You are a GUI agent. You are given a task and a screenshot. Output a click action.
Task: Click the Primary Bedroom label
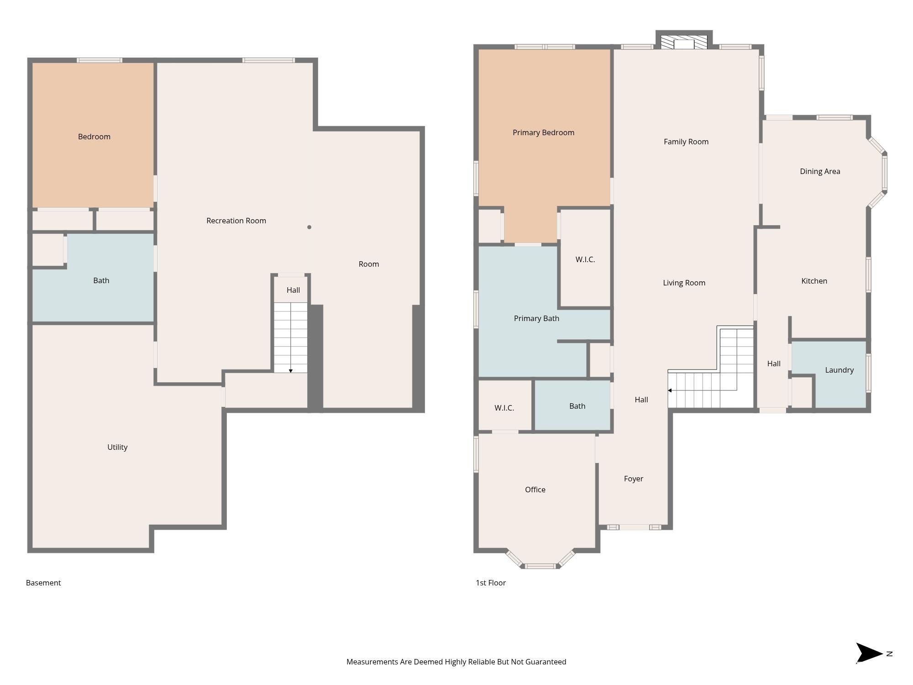(x=543, y=133)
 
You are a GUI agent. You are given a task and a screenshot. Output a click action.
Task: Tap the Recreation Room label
(x=236, y=221)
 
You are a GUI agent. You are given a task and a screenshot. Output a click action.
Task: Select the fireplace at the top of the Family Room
(x=684, y=42)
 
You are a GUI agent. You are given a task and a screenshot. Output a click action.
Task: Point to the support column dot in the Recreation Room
(x=309, y=227)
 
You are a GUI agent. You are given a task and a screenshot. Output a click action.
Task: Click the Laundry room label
(x=839, y=370)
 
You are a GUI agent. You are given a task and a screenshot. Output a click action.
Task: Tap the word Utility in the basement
(x=117, y=448)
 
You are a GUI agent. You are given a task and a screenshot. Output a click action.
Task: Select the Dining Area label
(x=820, y=172)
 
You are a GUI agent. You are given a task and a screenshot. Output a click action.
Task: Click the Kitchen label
(x=814, y=281)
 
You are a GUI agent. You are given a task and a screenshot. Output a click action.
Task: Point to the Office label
(x=535, y=490)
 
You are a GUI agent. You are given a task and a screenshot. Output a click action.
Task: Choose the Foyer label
(x=633, y=479)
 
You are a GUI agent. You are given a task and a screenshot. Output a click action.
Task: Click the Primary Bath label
(x=536, y=318)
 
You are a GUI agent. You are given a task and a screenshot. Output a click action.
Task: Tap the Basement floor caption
(x=43, y=583)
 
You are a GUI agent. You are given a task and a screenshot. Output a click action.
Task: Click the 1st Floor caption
(x=491, y=583)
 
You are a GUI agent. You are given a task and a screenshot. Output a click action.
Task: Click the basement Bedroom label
(x=94, y=137)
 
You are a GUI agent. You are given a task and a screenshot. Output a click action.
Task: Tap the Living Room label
(x=684, y=283)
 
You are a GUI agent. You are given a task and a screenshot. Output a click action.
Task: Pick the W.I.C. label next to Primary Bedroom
(x=585, y=259)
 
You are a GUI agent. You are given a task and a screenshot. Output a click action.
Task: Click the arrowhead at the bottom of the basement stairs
(x=291, y=371)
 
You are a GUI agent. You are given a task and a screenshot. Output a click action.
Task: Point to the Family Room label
(x=686, y=142)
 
